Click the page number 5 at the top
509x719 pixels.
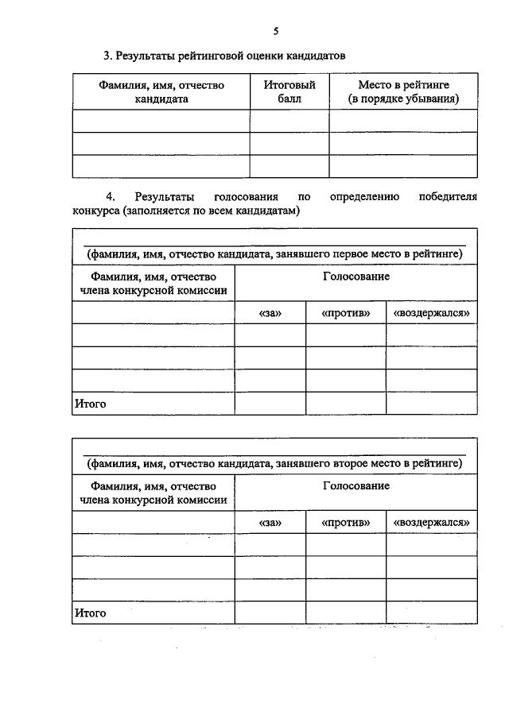pos(275,32)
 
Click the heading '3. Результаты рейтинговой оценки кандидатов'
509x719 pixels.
pos(225,56)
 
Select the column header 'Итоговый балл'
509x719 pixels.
pos(289,92)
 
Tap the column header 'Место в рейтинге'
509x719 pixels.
pos(404,92)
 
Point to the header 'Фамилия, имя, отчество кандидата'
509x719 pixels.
pos(161,92)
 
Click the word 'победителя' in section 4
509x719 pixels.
pos(448,195)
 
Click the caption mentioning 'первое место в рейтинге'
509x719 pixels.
pos(274,253)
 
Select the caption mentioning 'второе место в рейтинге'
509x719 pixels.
pos(274,463)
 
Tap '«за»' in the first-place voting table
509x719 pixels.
pos(270,313)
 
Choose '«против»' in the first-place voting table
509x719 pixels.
pos(346,313)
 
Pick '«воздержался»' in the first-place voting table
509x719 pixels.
pos(432,313)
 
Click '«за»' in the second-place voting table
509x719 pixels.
pos(270,523)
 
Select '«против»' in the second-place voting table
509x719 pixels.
pos(346,523)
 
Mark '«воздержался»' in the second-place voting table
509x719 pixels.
pos(432,523)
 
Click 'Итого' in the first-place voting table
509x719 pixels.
pos(91,404)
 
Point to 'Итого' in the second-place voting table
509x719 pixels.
pos(91,613)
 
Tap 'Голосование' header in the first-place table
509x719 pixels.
pos(356,276)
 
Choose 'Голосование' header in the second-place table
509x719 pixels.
pos(356,486)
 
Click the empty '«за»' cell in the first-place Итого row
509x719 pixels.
pos(270,404)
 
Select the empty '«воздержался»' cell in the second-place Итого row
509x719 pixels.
pos(432,613)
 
